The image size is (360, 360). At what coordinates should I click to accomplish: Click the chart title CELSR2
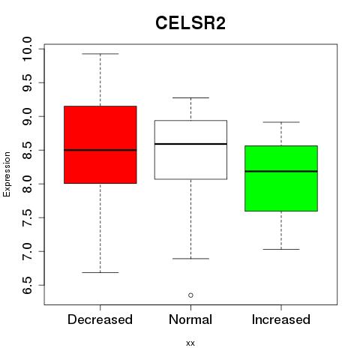pos(190,23)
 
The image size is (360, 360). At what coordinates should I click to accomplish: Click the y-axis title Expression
pos(7,174)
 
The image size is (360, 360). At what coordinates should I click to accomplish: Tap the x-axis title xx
pos(190,343)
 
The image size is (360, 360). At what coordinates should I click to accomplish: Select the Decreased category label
pos(100,319)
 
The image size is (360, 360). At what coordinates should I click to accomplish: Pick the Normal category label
pos(190,319)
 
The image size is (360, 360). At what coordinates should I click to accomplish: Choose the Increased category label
pos(281,319)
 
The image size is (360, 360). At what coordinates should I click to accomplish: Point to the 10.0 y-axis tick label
pos(27,49)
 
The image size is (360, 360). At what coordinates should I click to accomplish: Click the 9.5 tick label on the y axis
pos(27,82)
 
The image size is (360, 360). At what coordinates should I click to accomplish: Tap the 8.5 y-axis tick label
pos(27,150)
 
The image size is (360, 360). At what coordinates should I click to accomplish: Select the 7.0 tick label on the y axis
pos(27,251)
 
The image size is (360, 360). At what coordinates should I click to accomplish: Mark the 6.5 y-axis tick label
pos(27,285)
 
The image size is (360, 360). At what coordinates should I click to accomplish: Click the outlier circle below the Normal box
pos(190,295)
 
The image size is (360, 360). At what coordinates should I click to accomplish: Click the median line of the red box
pos(100,150)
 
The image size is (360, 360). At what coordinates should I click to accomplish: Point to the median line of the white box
pos(190,144)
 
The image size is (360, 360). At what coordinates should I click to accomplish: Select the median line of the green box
pos(281,171)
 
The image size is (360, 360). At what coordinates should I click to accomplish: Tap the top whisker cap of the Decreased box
pos(100,54)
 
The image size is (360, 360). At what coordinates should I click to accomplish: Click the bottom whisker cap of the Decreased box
pos(100,272)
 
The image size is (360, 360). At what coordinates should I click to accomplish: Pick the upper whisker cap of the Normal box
pos(190,97)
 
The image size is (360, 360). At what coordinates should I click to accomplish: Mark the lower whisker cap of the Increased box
pos(281,249)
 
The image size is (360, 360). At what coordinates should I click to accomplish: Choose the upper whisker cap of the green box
pos(281,122)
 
